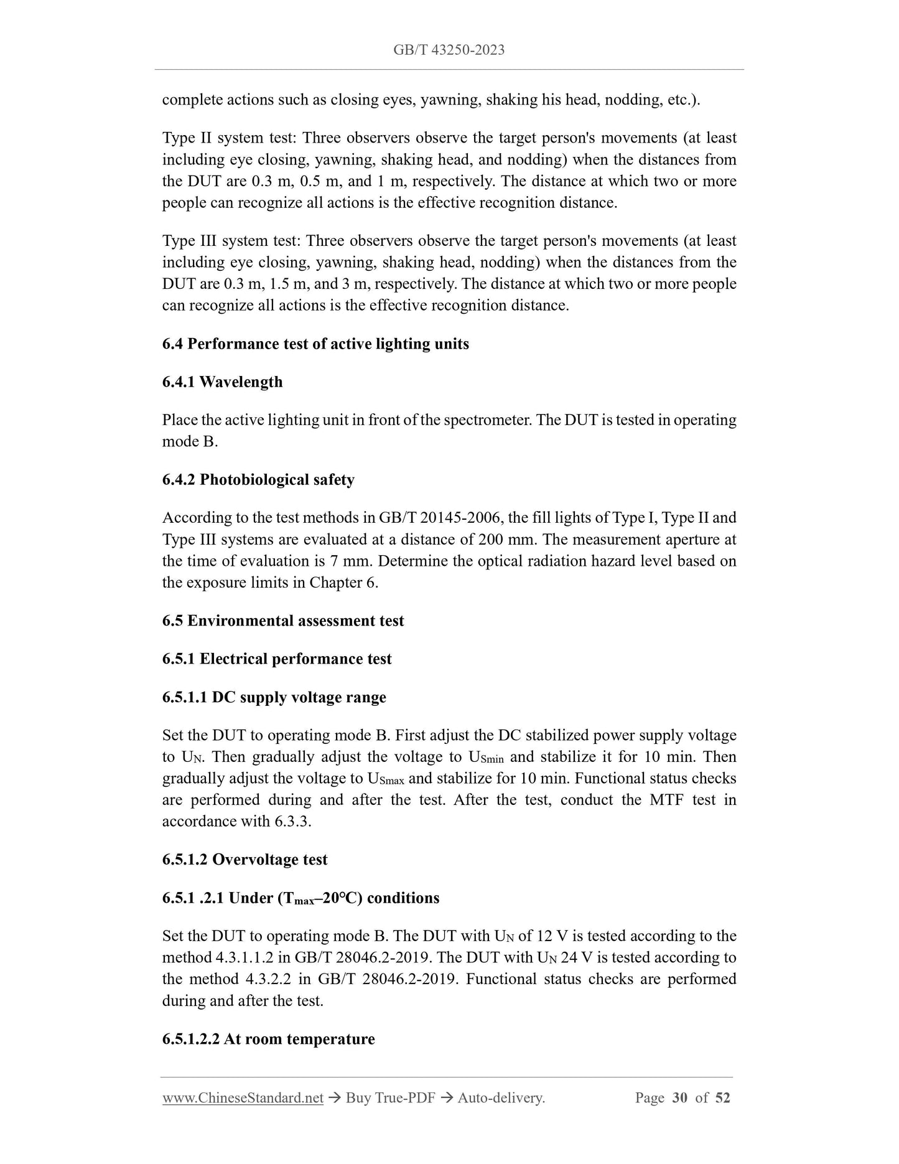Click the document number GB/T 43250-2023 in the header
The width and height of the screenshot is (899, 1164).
tap(449, 50)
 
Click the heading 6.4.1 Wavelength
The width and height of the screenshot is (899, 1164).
tap(222, 382)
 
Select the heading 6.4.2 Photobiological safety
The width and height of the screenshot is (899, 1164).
tap(258, 480)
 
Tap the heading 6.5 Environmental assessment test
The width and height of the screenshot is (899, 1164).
tap(283, 621)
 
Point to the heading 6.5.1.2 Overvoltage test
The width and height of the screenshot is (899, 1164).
tap(245, 860)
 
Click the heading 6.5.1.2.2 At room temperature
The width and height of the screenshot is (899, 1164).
tap(268, 1040)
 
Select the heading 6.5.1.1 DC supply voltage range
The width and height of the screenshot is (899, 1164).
tap(274, 698)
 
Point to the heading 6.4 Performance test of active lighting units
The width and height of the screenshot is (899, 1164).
tap(315, 344)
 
